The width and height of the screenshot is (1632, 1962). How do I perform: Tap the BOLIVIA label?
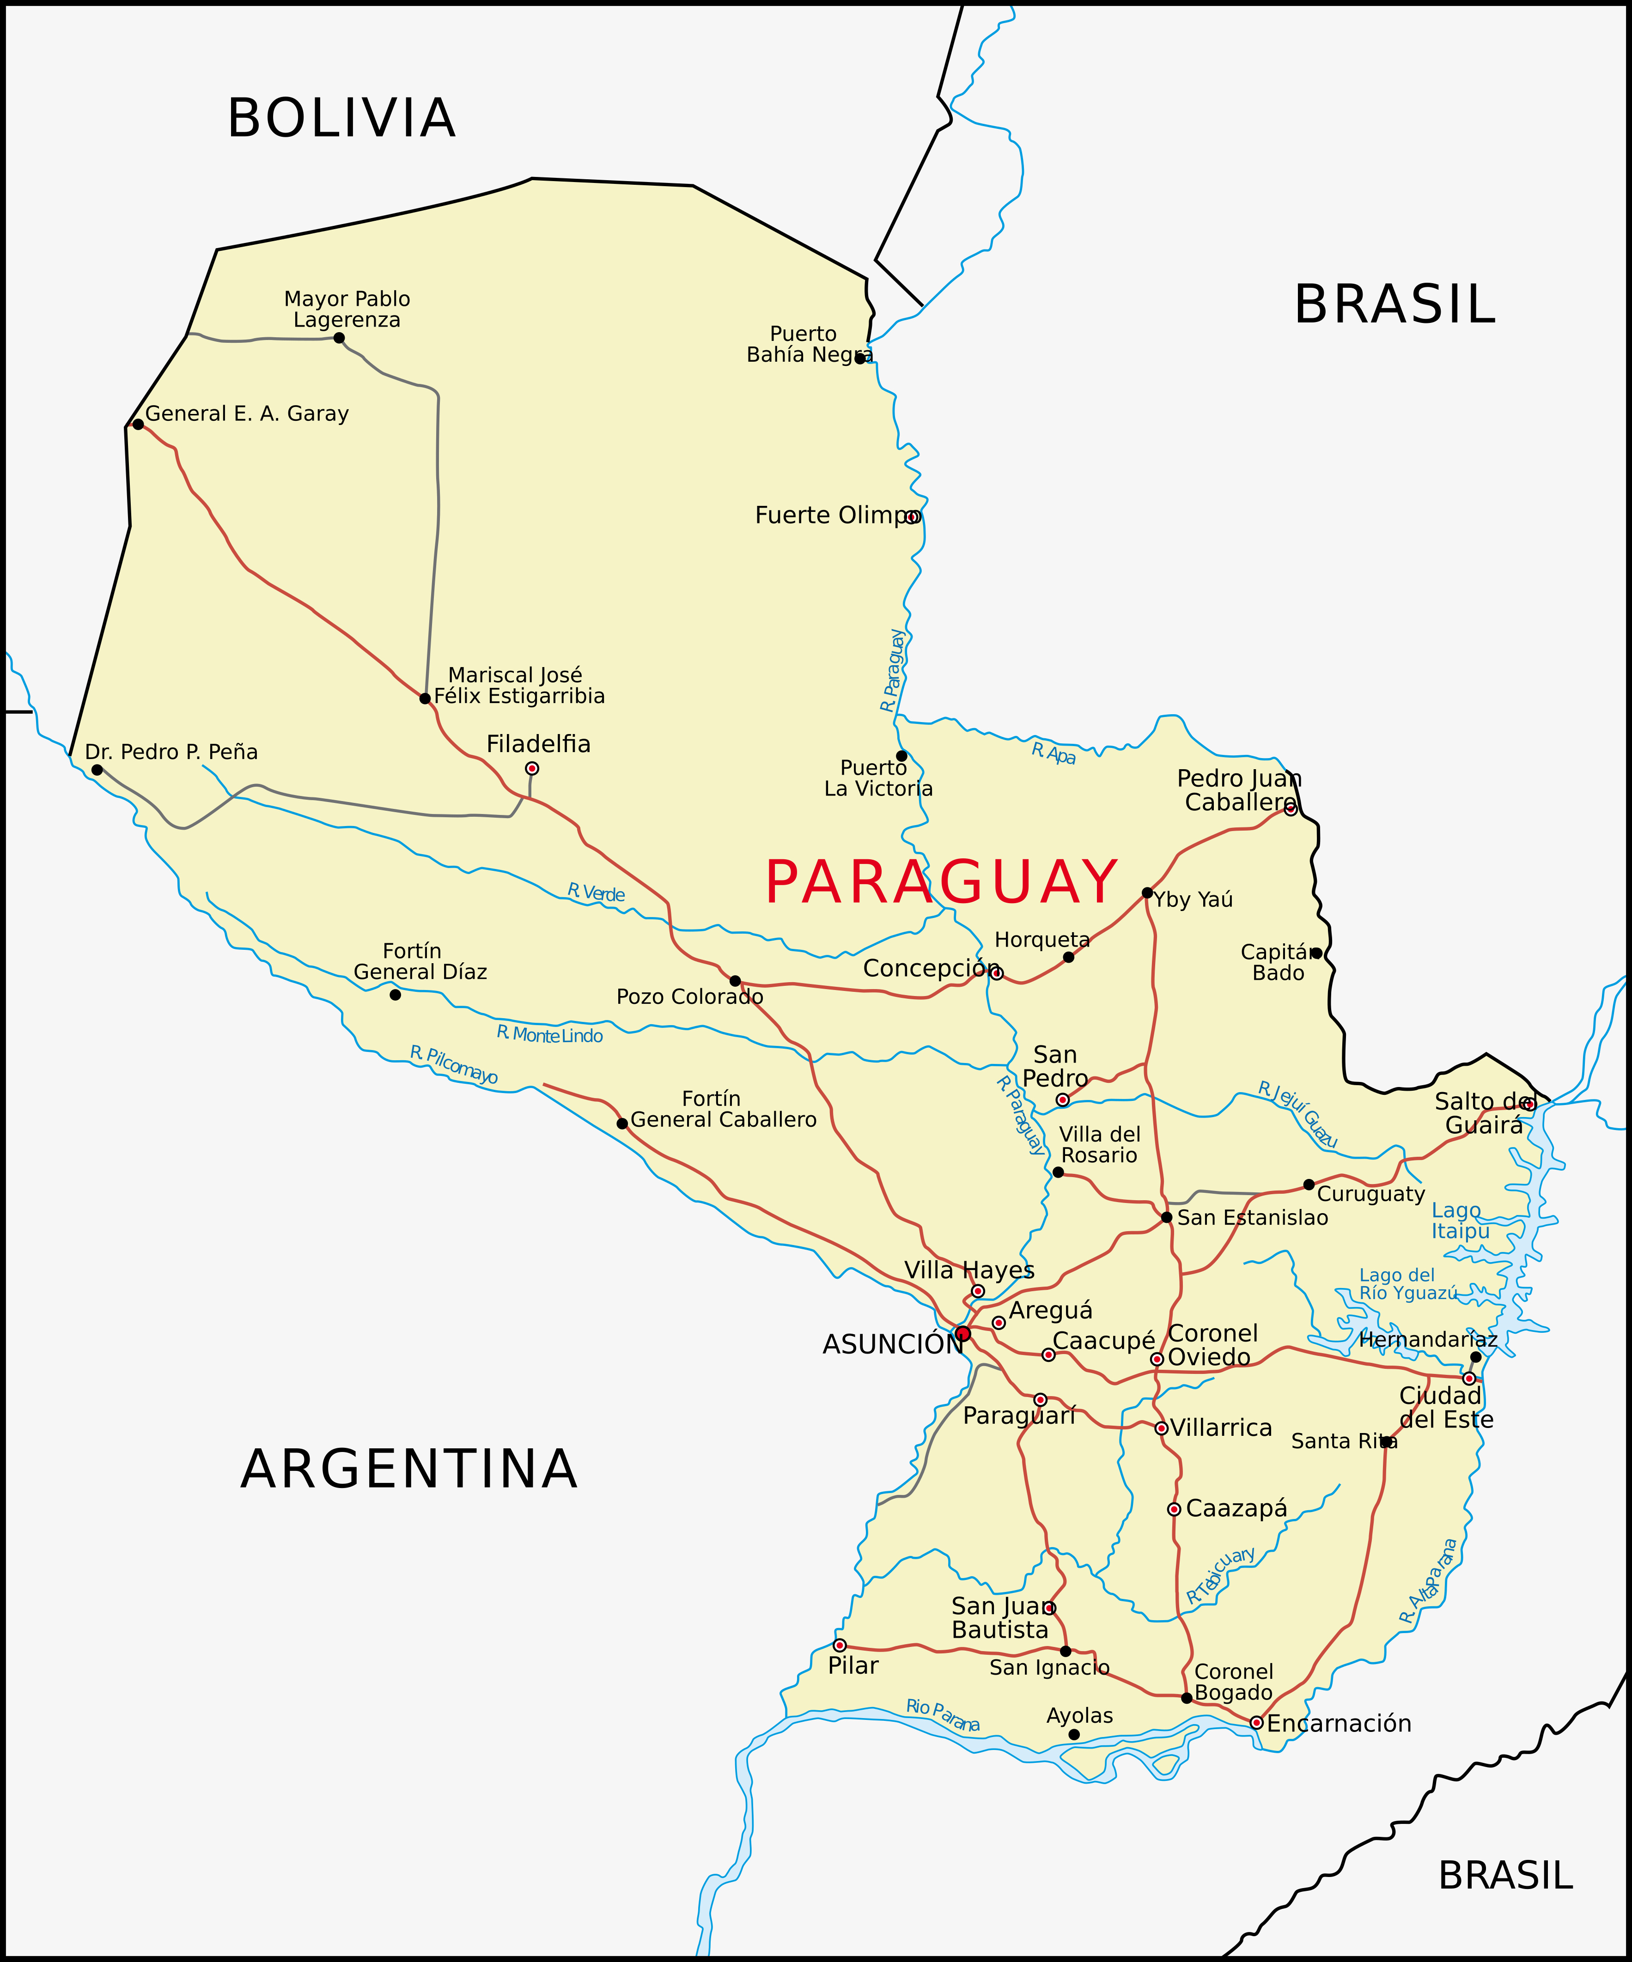[341, 119]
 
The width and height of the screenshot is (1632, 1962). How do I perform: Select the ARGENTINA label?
[408, 1469]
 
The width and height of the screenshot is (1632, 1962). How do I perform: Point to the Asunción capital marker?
[963, 1333]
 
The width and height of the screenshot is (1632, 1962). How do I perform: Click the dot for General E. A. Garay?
[138, 424]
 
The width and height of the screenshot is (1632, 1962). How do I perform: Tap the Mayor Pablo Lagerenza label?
[347, 309]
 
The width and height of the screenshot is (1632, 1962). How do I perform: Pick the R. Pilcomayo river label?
[454, 1065]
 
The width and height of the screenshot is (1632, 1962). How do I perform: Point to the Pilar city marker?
[840, 1645]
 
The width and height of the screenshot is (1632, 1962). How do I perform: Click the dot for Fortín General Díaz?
[396, 995]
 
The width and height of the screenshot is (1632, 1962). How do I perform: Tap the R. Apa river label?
[1053, 753]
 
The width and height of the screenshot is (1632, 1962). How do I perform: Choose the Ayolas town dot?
[1074, 1735]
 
